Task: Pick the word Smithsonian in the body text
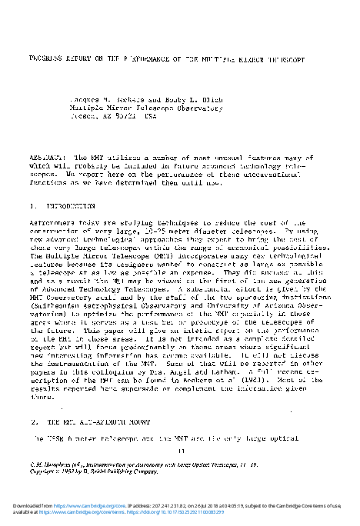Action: point(57,303)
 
